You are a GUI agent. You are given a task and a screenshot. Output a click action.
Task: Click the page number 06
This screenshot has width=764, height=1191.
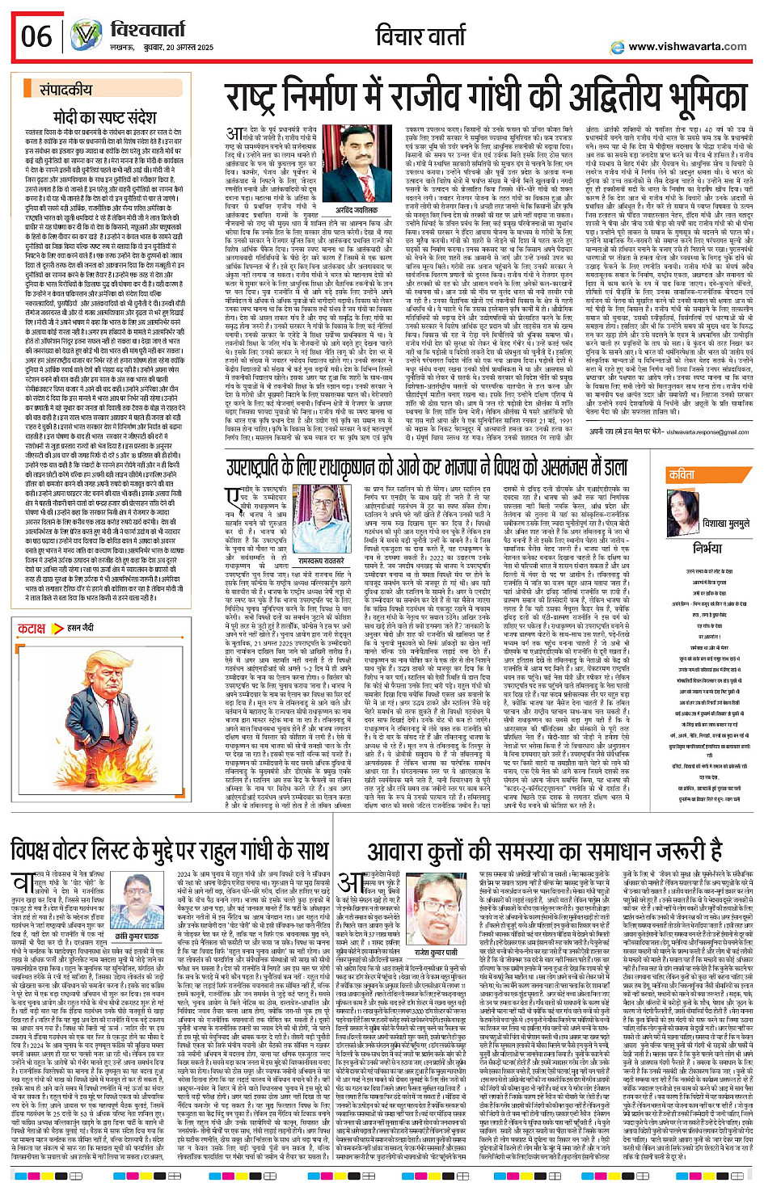tap(36, 36)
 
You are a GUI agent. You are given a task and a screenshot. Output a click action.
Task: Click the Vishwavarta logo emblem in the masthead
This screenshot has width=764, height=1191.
tap(86, 36)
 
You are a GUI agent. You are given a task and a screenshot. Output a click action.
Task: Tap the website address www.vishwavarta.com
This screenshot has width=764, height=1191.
tap(687, 47)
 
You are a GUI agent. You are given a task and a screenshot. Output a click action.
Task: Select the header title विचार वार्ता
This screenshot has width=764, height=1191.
tap(423, 36)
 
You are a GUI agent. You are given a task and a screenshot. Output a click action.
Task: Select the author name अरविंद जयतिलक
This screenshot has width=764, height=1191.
tap(356, 210)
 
